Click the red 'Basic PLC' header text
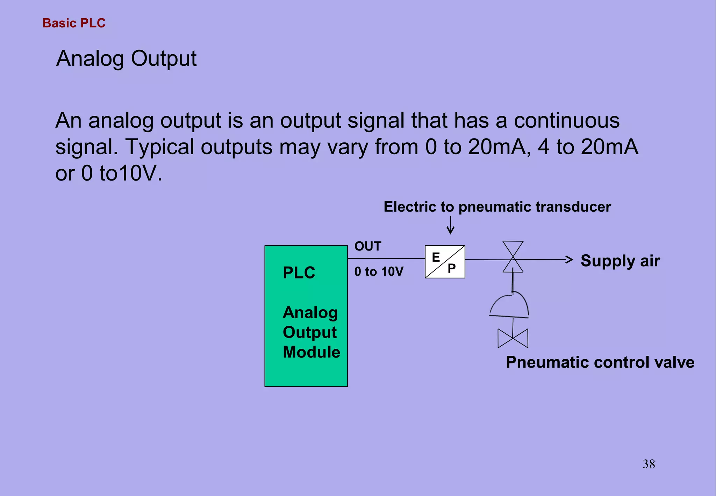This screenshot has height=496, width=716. click(74, 23)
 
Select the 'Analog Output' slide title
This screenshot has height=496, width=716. click(126, 58)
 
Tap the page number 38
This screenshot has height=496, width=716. click(649, 464)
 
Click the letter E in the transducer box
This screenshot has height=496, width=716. click(436, 257)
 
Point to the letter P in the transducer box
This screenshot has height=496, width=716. click(452, 268)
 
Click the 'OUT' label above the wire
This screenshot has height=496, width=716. click(368, 246)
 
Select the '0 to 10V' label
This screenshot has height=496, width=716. click(379, 271)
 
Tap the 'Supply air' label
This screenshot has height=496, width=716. click(620, 261)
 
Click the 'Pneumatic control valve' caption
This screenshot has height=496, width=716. click(600, 362)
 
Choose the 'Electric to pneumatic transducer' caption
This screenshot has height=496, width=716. click(497, 207)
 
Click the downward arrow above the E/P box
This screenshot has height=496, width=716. click(451, 226)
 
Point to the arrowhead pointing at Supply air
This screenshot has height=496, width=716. click(569, 260)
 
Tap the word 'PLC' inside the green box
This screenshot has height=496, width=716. click(299, 273)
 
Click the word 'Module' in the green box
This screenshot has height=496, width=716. click(311, 352)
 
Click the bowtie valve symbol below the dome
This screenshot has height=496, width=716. click(513, 338)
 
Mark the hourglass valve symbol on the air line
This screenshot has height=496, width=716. click(513, 257)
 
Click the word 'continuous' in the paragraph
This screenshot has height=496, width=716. click(566, 121)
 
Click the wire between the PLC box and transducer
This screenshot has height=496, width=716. click(386, 258)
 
